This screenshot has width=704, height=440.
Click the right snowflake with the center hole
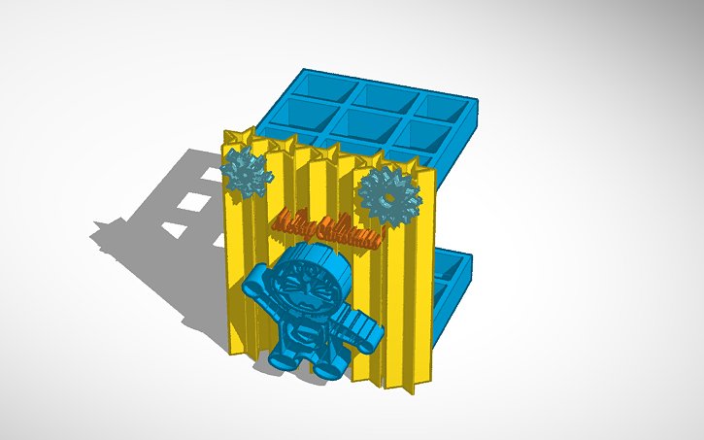point(388,194)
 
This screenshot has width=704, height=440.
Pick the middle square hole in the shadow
point(197,201)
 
